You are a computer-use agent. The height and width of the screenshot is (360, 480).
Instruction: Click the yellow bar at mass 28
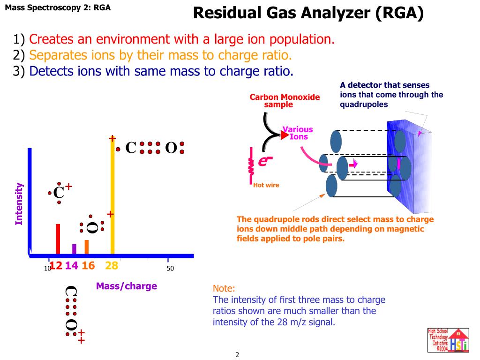pyautogui.click(x=112, y=197)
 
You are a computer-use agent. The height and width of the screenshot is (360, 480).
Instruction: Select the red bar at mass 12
pyautogui.click(x=58, y=239)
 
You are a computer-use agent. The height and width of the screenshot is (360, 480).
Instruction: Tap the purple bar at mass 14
pyautogui.click(x=74, y=249)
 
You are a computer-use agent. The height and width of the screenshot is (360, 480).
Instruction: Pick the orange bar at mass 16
pyautogui.click(x=87, y=247)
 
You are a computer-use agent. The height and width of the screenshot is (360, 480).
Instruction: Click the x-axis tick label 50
pyautogui.click(x=170, y=269)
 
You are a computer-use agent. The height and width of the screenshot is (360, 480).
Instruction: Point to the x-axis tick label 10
pyautogui.click(x=47, y=269)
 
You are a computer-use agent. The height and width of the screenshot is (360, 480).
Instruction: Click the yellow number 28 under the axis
pyautogui.click(x=112, y=266)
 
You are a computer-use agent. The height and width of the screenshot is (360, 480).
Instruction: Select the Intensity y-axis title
pyautogui.click(x=19, y=204)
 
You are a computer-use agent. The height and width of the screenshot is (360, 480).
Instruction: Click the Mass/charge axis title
pyautogui.click(x=127, y=286)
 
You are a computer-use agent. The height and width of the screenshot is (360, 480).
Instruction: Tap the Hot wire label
pyautogui.click(x=266, y=185)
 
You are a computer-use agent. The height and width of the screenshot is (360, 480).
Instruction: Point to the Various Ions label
pyautogui.click(x=298, y=133)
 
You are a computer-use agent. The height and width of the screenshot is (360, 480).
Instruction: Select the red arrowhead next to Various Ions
pyautogui.click(x=284, y=135)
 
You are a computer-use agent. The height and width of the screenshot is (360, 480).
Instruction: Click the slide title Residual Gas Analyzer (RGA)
pyautogui.click(x=308, y=13)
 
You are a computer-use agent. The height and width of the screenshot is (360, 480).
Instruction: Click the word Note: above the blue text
pyautogui.click(x=224, y=288)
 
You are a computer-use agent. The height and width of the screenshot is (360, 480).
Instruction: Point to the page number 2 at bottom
pyautogui.click(x=237, y=355)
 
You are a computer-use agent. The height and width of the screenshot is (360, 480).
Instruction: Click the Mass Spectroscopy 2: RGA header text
pyautogui.click(x=58, y=7)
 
